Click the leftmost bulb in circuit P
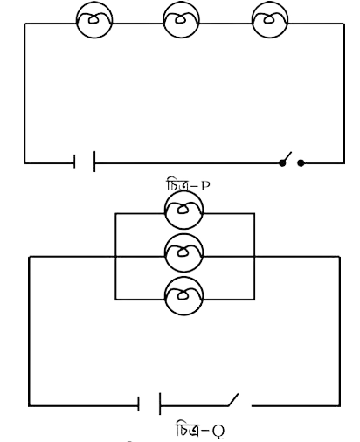point(94,20)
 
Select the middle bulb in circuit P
point(181,20)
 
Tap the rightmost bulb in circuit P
point(270,20)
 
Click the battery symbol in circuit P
point(85,162)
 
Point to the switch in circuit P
point(291,160)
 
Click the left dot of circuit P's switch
point(282,163)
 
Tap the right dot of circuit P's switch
point(301,163)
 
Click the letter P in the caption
point(205,185)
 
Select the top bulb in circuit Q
point(183,210)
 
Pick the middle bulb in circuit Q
point(183,253)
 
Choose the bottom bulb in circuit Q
point(183,296)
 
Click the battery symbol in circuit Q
point(149,404)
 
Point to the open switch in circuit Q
point(233,399)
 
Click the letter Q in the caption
point(218,431)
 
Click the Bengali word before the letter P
point(177,184)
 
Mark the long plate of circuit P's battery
point(94,162)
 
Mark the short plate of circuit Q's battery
point(139,404)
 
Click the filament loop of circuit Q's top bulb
point(183,209)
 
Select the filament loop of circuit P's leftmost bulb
point(93,19)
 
